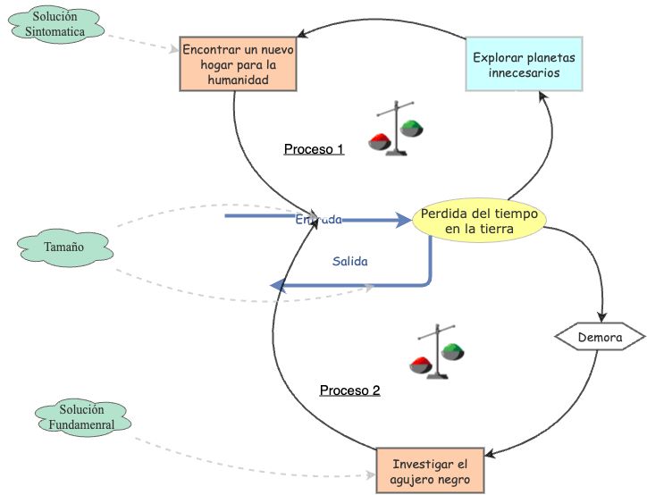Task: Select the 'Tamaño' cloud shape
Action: coord(63,247)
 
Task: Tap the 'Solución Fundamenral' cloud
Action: coord(81,417)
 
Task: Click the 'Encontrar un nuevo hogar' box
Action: coord(237,63)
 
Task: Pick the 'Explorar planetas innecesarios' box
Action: coord(524,63)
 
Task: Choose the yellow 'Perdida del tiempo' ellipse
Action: coord(479,221)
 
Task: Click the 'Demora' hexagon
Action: coord(600,338)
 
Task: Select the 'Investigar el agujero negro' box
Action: coord(430,471)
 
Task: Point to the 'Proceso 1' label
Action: coord(314,149)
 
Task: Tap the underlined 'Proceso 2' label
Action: coord(349,390)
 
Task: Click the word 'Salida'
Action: coord(350,262)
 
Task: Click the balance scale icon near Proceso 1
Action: coord(396,130)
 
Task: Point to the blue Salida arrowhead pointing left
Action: coord(278,286)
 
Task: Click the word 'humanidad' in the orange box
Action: coord(237,80)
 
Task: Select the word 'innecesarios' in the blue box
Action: coord(525,72)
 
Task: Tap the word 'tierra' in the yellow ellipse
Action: coord(494,229)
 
